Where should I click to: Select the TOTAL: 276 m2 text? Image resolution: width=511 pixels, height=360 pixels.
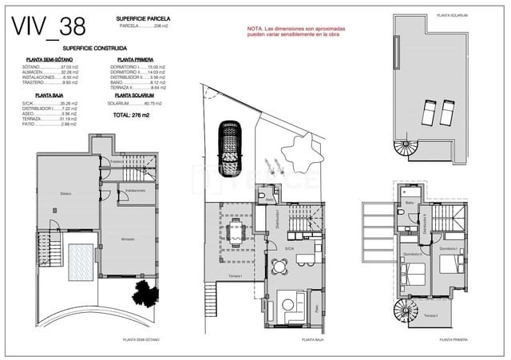pyautogui.click(x=133, y=114)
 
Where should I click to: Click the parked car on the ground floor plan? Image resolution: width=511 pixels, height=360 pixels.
pyautogui.click(x=229, y=148)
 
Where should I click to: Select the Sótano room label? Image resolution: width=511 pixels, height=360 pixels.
pyautogui.click(x=65, y=193)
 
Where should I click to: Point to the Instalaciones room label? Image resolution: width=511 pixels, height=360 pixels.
pyautogui.click(x=135, y=191)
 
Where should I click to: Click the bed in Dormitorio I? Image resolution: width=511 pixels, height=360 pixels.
pyautogui.click(x=416, y=275)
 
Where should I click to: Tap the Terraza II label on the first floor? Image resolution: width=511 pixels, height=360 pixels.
pyautogui.click(x=431, y=317)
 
